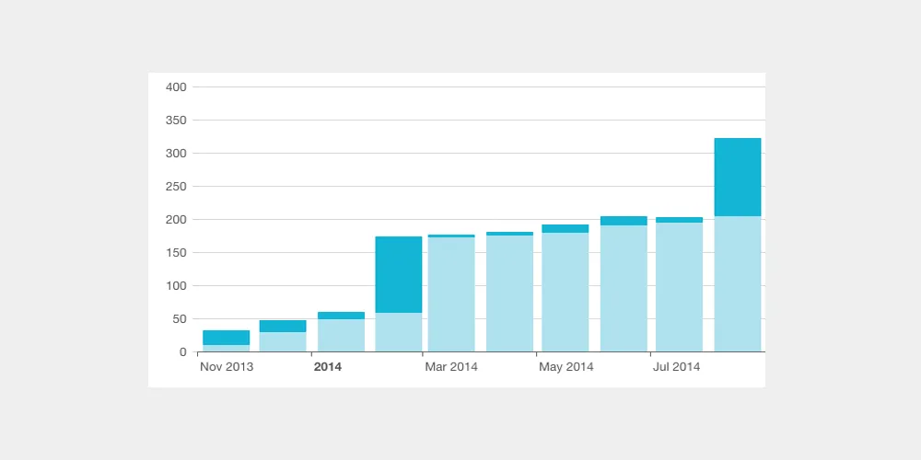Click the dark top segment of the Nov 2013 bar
coord(226,338)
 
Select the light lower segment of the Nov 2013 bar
coord(226,349)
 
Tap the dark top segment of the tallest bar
coord(738,177)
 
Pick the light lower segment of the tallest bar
coord(738,283)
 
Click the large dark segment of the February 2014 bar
coord(399,274)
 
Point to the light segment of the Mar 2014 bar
coord(451,294)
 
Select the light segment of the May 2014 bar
coord(565,292)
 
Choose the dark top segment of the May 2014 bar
coord(565,228)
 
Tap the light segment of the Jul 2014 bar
coord(679,287)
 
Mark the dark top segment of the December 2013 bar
coord(283,326)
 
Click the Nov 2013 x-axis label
coord(227,367)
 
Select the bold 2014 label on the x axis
coord(328,367)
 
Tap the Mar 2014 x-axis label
coord(451,367)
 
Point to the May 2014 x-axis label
coord(566,367)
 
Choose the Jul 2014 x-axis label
coord(677,367)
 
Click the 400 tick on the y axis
coord(176,87)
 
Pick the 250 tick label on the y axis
coord(176,187)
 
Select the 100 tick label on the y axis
coord(176,286)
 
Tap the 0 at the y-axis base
coord(182,352)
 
